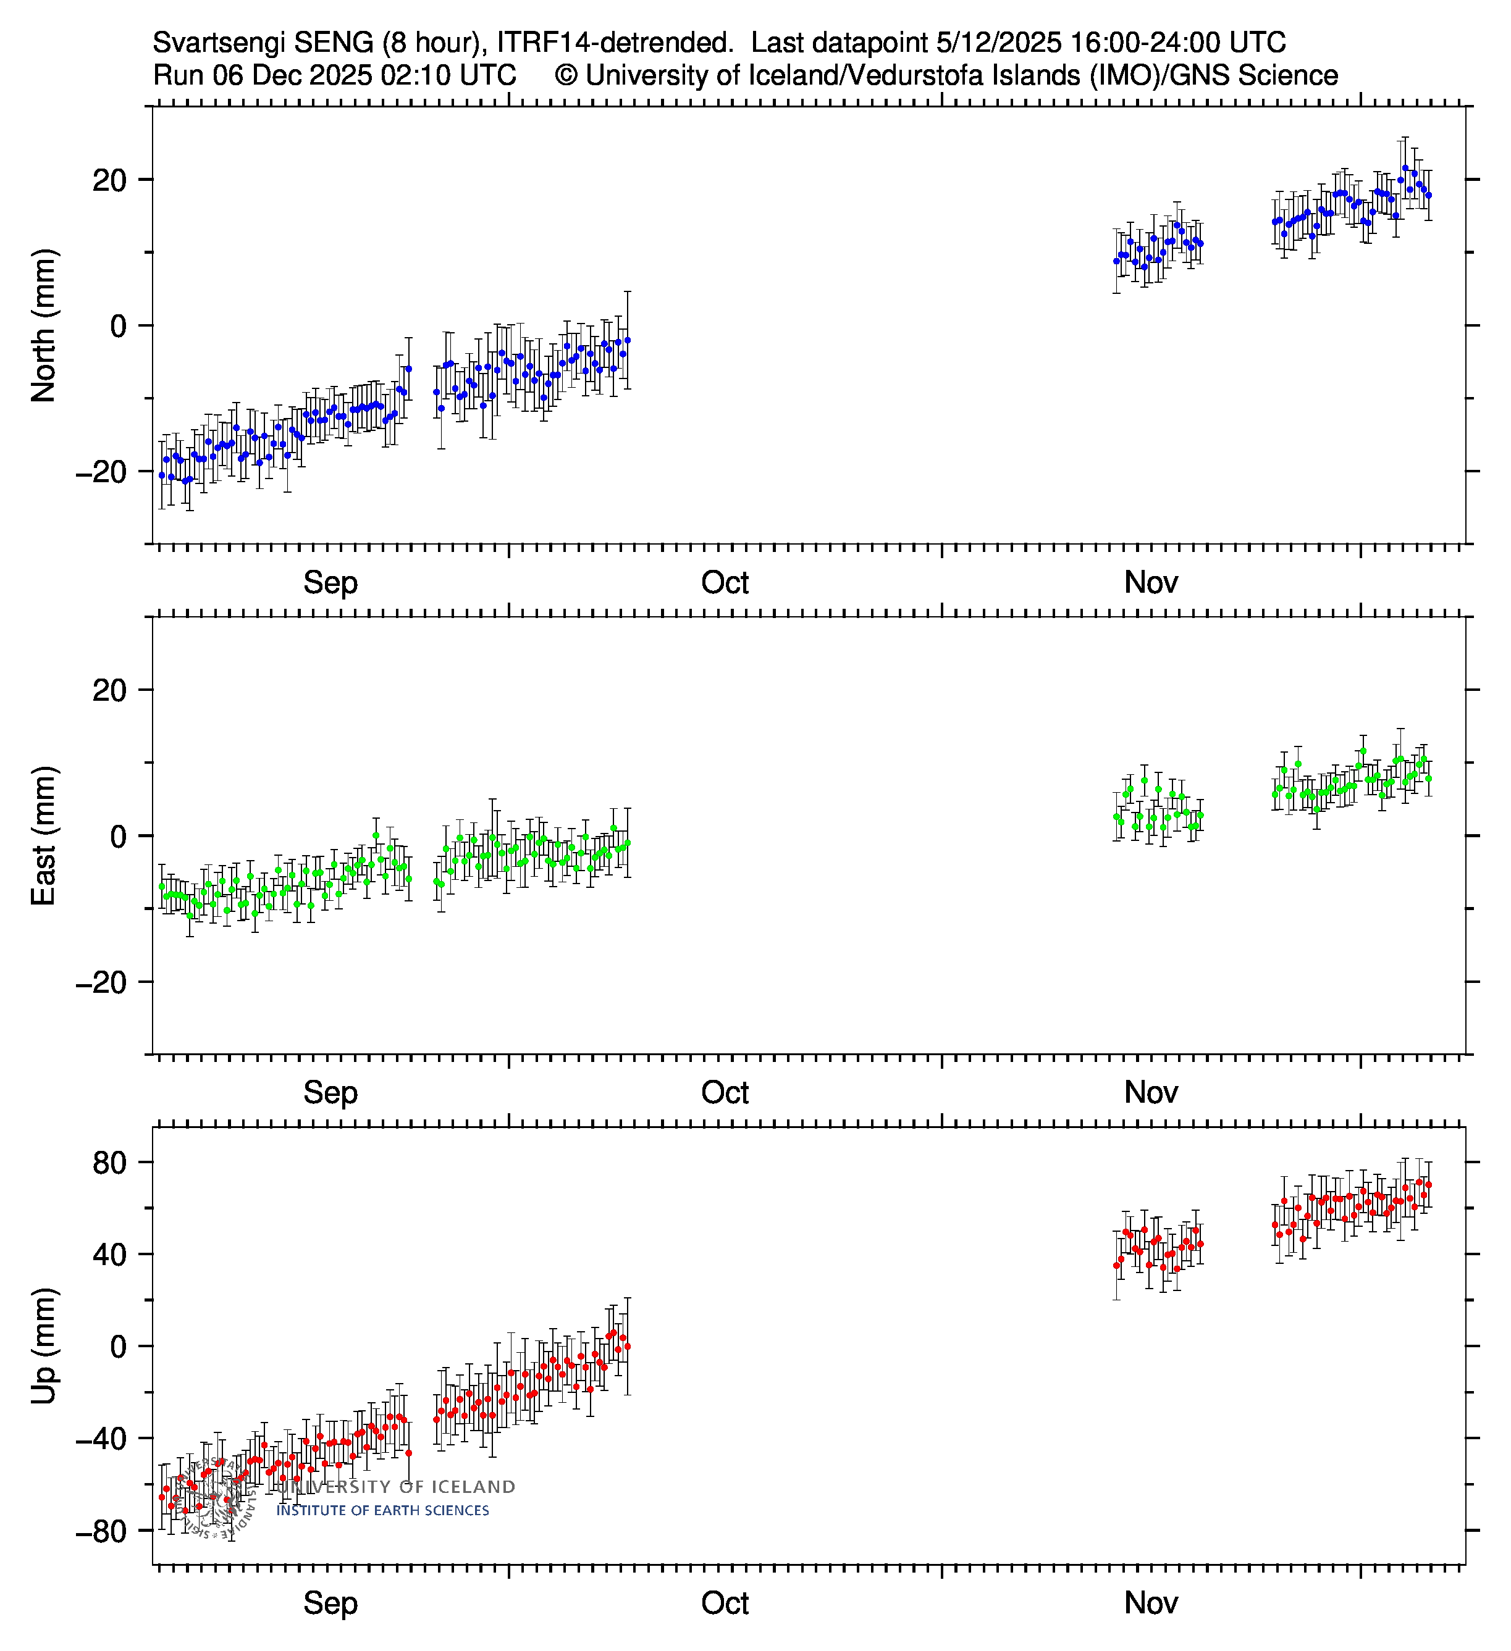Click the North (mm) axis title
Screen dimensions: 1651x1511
43,325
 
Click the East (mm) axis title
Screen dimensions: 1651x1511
43,835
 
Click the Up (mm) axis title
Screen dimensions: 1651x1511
43,1345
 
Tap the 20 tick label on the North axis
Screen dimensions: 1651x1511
110,180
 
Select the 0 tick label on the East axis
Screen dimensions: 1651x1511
119,836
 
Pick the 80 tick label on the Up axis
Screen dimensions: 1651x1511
110,1163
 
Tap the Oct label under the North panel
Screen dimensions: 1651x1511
725,583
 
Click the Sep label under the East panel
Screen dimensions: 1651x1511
330,1092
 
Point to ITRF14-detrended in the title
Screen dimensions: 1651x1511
615,43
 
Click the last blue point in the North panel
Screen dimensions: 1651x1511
1428,196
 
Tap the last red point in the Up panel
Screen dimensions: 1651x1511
1428,1185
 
